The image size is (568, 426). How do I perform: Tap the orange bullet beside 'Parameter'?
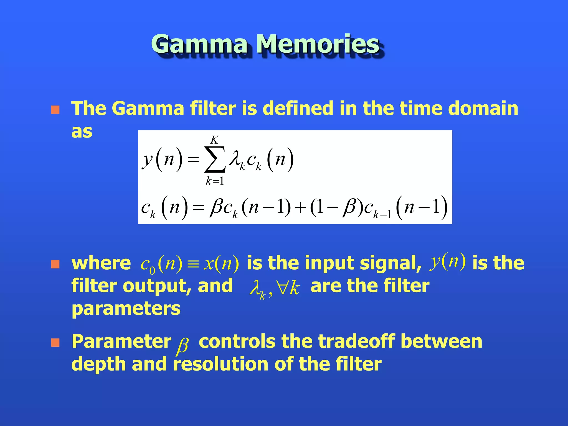click(x=55, y=343)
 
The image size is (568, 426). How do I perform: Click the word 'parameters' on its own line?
click(x=126, y=309)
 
